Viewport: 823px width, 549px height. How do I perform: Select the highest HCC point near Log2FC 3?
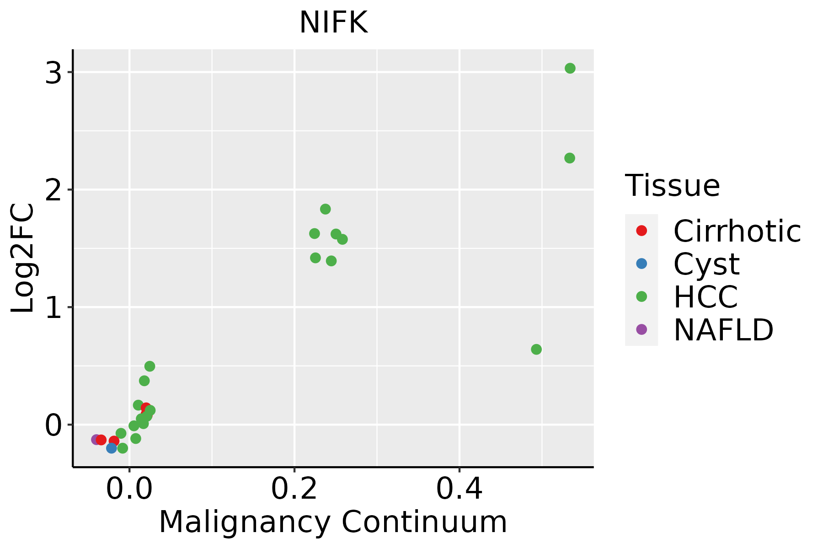tap(570, 68)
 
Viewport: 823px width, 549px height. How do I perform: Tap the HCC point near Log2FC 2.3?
tap(569, 158)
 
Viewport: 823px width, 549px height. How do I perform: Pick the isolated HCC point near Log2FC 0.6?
tap(536, 350)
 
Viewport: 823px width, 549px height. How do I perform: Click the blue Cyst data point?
tap(112, 448)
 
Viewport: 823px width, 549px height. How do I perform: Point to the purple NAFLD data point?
tap(96, 439)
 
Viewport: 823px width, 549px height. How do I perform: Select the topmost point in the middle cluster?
tap(326, 209)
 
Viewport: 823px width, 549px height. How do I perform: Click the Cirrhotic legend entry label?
tap(737, 231)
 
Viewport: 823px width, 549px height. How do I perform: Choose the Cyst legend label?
tap(706, 264)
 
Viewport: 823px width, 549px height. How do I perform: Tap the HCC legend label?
tap(705, 296)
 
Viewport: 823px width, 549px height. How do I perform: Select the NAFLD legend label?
tap(723, 329)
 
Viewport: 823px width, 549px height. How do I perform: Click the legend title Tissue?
tap(672, 186)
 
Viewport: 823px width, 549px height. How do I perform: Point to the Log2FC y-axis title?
tap(23, 258)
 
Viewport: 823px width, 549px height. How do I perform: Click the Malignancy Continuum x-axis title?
tap(333, 522)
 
